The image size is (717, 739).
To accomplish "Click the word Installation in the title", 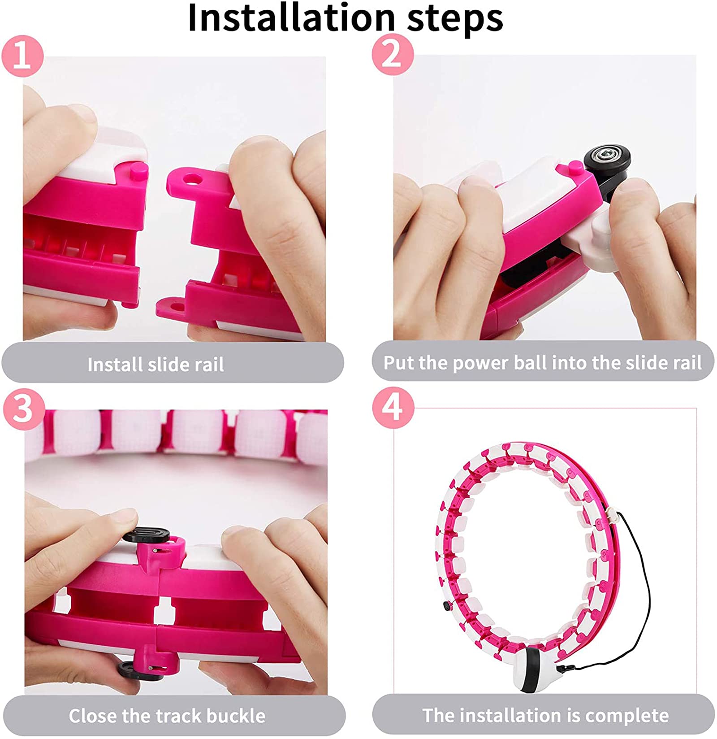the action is coord(292,17).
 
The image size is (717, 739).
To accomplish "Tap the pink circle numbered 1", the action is coord(22,56).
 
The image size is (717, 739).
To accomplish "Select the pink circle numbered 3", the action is coord(23,409).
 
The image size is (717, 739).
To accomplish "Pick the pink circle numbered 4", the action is coord(393,408).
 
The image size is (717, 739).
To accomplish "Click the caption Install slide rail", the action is coord(155,364).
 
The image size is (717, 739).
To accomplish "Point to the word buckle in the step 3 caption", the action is coord(235,715).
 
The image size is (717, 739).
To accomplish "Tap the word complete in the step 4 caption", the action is coord(627,715).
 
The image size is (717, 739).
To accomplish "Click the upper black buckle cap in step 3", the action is coord(146,535).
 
